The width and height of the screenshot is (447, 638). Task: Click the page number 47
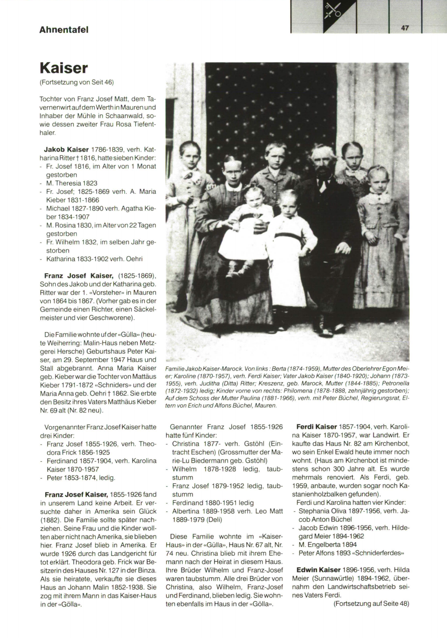pyautogui.click(x=405, y=28)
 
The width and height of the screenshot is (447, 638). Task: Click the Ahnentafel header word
pyautogui.click(x=64, y=30)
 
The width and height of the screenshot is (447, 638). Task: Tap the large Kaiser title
pyautogui.click(x=64, y=69)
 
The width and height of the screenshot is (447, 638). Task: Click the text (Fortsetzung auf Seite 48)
pyautogui.click(x=371, y=603)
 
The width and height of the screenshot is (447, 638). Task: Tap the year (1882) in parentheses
pyautogui.click(x=51, y=520)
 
